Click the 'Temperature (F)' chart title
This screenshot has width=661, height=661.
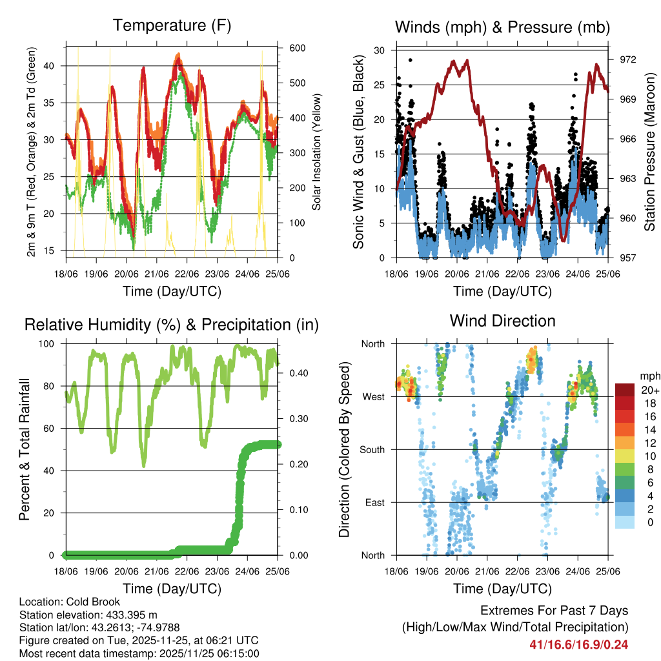[x=171, y=26]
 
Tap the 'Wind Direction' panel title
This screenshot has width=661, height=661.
[x=502, y=321]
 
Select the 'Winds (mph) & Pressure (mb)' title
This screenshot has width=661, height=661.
[x=502, y=27]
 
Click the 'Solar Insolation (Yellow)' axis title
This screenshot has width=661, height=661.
[x=316, y=152]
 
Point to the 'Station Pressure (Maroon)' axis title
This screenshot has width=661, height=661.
[x=650, y=152]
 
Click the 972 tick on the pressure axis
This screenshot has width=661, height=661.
[x=628, y=59]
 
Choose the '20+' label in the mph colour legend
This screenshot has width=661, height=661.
[x=649, y=390]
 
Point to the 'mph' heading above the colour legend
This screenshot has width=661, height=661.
[x=649, y=376]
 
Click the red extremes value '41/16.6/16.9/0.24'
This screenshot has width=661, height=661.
[x=579, y=644]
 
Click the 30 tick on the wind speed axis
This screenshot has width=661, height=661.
[x=380, y=50]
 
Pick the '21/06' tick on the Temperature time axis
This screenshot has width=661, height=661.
[x=157, y=274]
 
